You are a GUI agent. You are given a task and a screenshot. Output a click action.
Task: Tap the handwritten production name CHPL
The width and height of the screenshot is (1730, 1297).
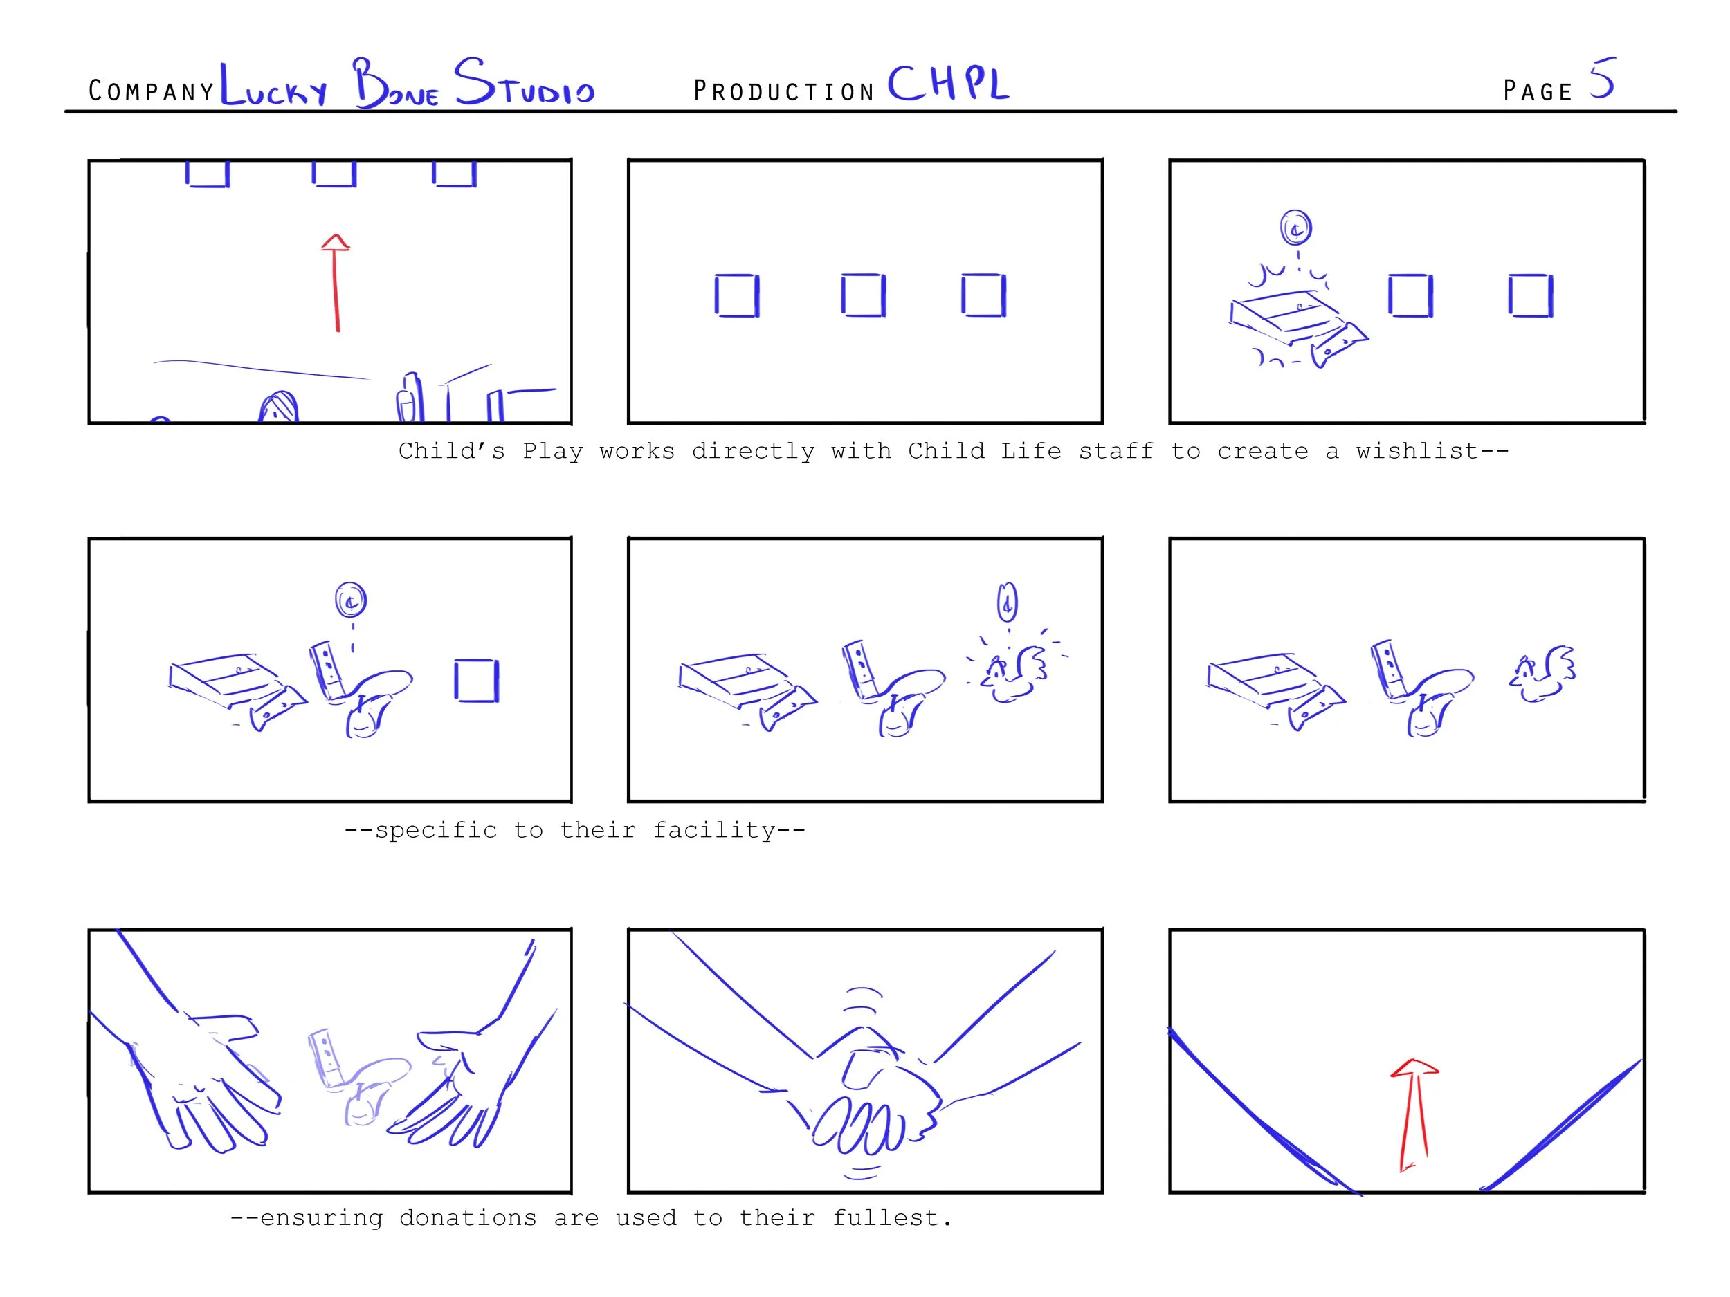click(x=948, y=83)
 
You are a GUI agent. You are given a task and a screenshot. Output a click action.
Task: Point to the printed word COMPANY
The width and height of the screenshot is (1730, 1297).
click(x=151, y=91)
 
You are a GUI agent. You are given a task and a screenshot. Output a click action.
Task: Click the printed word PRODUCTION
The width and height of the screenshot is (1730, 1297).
click(x=783, y=91)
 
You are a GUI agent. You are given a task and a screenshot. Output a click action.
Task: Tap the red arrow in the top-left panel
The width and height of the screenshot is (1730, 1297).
click(x=336, y=283)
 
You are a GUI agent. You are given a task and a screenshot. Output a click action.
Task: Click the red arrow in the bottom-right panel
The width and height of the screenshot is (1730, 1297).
click(x=1413, y=1115)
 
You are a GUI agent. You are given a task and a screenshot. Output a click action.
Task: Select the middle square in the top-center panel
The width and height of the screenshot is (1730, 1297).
click(x=864, y=295)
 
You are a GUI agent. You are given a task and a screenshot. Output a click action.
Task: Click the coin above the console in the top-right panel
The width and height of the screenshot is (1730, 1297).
click(x=1296, y=228)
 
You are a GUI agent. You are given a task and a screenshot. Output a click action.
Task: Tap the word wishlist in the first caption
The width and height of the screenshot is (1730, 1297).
click(x=1417, y=451)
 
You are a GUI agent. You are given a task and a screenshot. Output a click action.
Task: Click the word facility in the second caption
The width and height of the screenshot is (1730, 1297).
click(x=715, y=830)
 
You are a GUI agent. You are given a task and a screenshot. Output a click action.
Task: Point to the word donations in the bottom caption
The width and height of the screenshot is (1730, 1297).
click(x=468, y=1218)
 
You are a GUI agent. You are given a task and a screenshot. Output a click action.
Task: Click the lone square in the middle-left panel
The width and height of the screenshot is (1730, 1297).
click(x=476, y=681)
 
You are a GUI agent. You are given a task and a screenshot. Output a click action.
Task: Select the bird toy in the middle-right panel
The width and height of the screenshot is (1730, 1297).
click(x=1542, y=674)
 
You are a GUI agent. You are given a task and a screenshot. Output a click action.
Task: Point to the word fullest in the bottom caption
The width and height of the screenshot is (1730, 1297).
click(x=891, y=1218)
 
